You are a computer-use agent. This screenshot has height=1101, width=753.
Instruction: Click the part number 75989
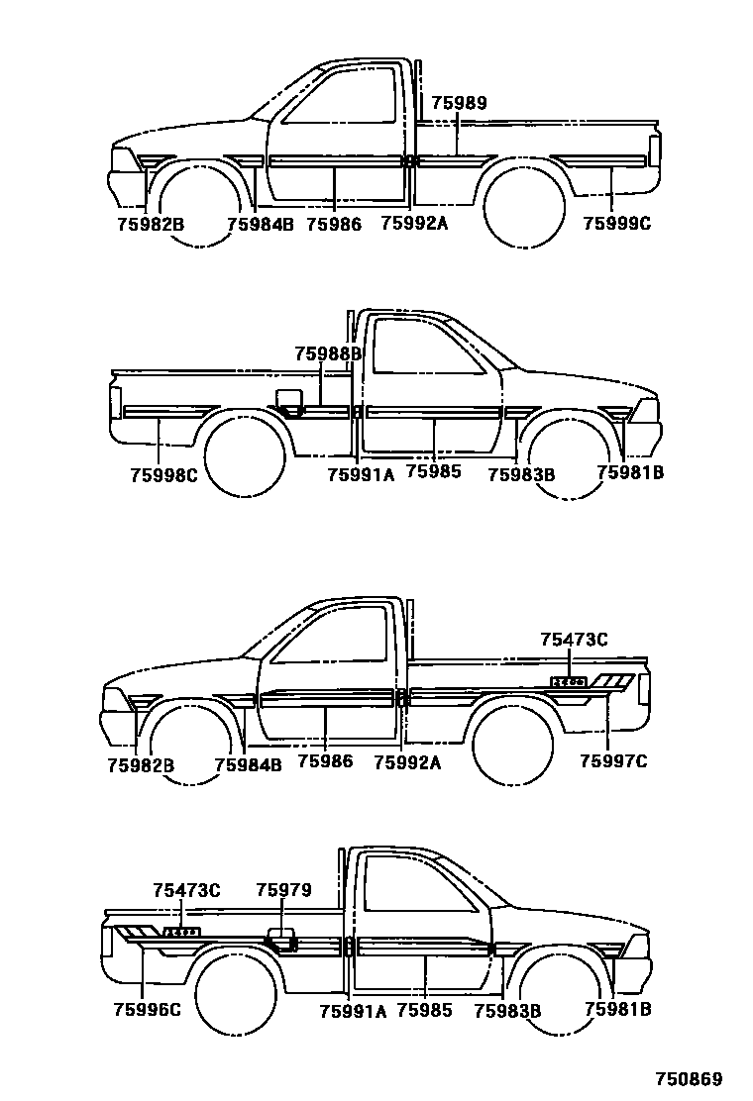coord(459,104)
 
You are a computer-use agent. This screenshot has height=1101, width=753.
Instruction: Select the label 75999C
coord(616,224)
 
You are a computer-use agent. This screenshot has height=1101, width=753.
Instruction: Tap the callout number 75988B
coord(328,353)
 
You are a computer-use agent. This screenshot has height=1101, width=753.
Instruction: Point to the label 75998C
coord(163,474)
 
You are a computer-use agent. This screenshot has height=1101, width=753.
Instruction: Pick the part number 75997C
coord(613,761)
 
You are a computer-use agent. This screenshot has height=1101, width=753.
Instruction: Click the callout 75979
coord(283,890)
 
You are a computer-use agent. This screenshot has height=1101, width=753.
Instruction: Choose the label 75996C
coord(147,1010)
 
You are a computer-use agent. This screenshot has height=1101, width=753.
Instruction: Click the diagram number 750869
coord(687,1079)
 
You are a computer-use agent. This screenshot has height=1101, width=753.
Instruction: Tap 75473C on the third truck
coord(574,640)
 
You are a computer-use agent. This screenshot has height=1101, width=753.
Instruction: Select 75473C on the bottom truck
coord(186,890)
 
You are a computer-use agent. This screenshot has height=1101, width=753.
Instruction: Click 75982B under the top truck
coord(151,224)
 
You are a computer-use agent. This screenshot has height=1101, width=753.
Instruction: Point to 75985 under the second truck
coord(434,473)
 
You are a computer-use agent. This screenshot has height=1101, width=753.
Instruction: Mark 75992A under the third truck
coord(407,762)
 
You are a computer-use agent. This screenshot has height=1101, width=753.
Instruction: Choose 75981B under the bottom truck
coord(617,1010)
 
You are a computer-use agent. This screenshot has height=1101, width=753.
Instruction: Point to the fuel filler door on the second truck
coord(288,398)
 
